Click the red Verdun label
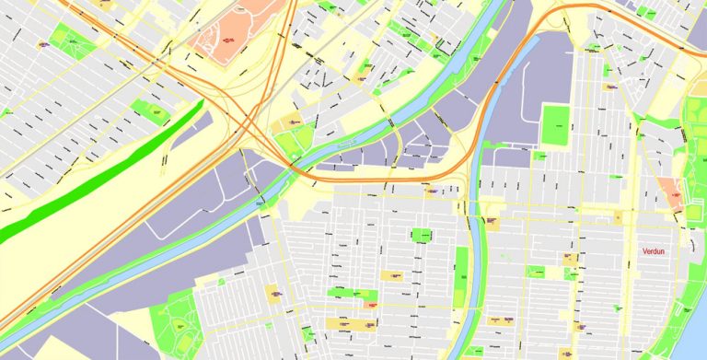click(x=655, y=250)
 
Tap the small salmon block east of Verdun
click(x=673, y=192)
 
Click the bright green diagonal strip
click(x=101, y=172)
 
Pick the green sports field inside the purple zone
click(x=556, y=125)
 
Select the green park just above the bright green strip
click(x=150, y=111)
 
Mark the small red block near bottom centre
click(x=371, y=305)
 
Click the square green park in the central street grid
click(x=422, y=235)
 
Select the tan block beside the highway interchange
click(x=292, y=122)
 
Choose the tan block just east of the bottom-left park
click(x=273, y=294)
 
